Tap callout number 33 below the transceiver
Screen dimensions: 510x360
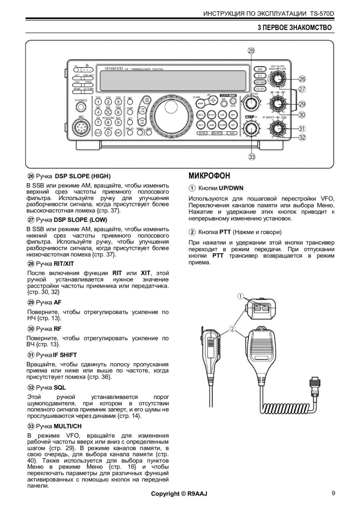pyautogui.click(x=251, y=157)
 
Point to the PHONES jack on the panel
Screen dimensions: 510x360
pyautogui.click(x=81, y=107)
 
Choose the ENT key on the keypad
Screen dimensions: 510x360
pyautogui.click(x=118, y=133)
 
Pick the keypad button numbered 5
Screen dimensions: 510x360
pyautogui.click(x=108, y=111)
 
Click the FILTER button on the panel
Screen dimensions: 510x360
pyautogui.click(x=260, y=89)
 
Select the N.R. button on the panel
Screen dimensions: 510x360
pyautogui.click(x=260, y=68)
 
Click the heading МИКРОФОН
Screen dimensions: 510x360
pyautogui.click(x=210, y=176)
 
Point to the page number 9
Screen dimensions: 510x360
pyautogui.click(x=333, y=493)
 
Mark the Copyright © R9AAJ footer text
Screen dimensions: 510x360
pyautogui.click(x=179, y=494)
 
